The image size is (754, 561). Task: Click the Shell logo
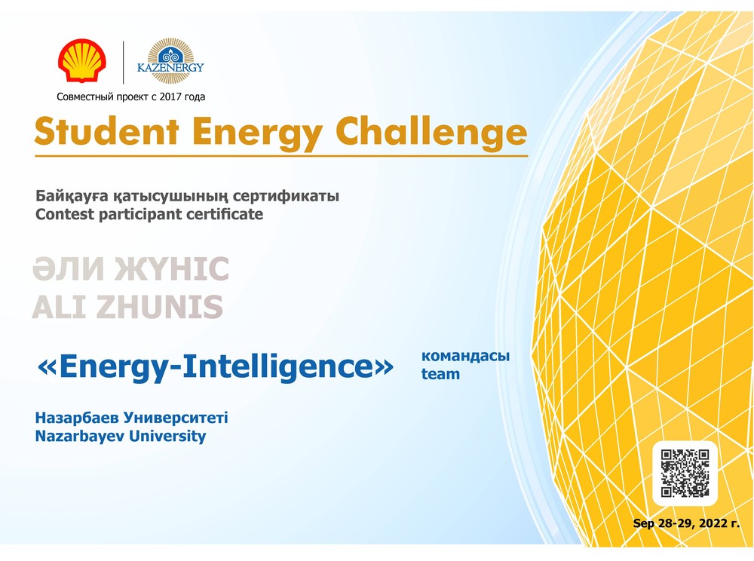click(x=81, y=60)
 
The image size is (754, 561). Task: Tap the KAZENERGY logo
click(x=170, y=61)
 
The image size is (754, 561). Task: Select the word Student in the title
click(x=107, y=130)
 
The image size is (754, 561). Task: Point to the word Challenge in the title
click(x=431, y=130)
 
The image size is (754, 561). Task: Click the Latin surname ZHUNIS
click(x=159, y=307)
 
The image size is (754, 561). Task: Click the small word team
click(x=440, y=373)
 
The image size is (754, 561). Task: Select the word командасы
click(x=465, y=356)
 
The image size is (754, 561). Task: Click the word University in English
click(x=167, y=436)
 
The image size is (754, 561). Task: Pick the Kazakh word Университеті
click(x=176, y=417)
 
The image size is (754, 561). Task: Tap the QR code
click(x=685, y=473)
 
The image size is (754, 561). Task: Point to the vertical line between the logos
click(x=123, y=63)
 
